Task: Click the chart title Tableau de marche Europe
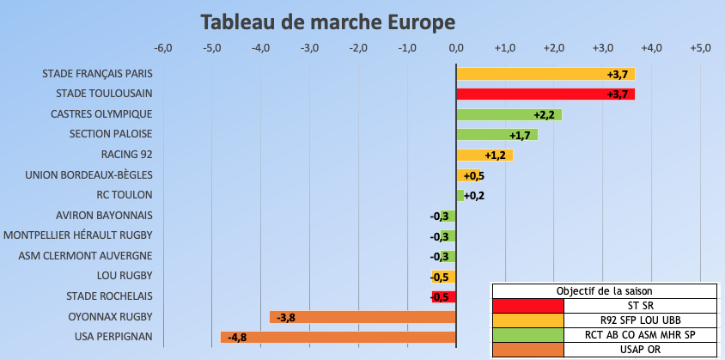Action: click(x=327, y=21)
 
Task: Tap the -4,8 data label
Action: click(x=237, y=337)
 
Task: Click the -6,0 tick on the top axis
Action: click(x=163, y=46)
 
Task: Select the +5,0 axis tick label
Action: click(x=700, y=46)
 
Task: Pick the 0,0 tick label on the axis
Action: click(x=456, y=46)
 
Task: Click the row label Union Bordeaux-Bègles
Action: click(x=89, y=175)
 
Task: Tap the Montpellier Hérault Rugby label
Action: click(x=78, y=235)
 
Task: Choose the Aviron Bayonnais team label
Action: click(x=104, y=216)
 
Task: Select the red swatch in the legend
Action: click(x=527, y=305)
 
